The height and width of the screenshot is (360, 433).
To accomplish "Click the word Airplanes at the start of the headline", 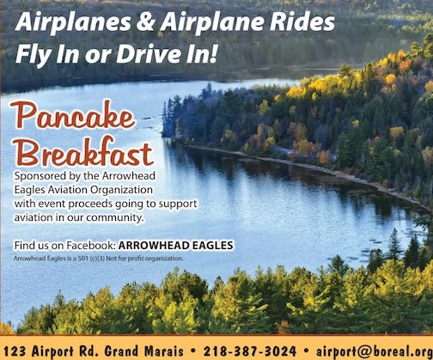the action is tap(73, 23).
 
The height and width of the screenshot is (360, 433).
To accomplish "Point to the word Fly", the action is tap(34, 55).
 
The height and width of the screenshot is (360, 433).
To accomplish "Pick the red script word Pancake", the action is tap(72, 114).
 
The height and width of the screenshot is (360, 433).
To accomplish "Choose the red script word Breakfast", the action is tap(84, 151).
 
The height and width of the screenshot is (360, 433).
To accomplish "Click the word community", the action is tap(114, 218).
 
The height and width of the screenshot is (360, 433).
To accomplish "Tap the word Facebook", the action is tap(91, 246).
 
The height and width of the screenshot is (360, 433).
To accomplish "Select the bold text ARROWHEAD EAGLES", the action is tap(176, 246).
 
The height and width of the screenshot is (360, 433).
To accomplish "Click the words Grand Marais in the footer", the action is tap(143, 351).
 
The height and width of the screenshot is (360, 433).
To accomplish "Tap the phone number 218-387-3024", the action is tap(250, 351).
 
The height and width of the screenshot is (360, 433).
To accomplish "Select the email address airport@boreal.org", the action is tap(375, 351).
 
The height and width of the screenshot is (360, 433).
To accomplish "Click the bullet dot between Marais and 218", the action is tap(193, 351).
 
